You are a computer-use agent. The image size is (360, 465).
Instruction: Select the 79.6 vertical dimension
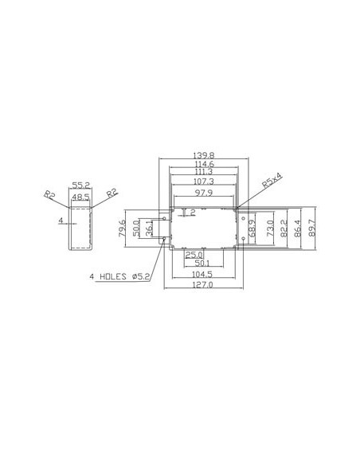tap(122, 229)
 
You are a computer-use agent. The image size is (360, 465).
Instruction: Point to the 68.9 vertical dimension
tap(253, 230)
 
